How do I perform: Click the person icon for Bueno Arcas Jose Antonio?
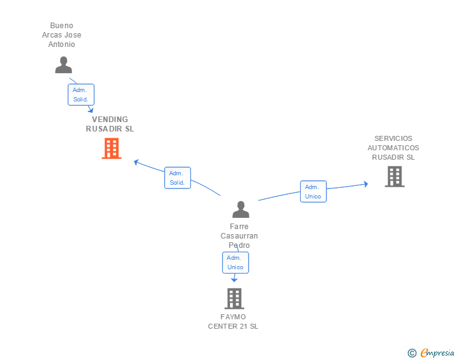click(x=63, y=65)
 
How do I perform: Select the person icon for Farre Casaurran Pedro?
click(x=241, y=209)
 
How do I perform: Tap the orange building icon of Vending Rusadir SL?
click(x=111, y=148)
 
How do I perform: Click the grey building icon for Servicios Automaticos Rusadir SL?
click(x=394, y=177)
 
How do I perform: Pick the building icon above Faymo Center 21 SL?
click(x=234, y=299)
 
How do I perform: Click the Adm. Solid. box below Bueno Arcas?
click(x=81, y=95)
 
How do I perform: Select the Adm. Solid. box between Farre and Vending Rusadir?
click(x=177, y=178)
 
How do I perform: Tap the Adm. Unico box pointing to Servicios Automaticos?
click(x=313, y=192)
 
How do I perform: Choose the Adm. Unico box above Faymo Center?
click(x=236, y=262)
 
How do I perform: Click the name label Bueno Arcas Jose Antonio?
click(x=62, y=35)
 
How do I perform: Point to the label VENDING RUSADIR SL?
click(x=110, y=124)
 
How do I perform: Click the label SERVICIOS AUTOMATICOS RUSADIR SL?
click(x=393, y=148)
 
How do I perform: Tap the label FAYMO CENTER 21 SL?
click(x=233, y=321)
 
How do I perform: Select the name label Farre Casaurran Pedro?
click(x=239, y=236)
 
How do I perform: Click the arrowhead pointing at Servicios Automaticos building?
click(x=365, y=183)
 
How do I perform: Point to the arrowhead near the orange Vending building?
click(x=136, y=162)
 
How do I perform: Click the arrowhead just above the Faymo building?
click(x=234, y=280)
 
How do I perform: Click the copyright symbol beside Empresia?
click(x=412, y=353)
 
